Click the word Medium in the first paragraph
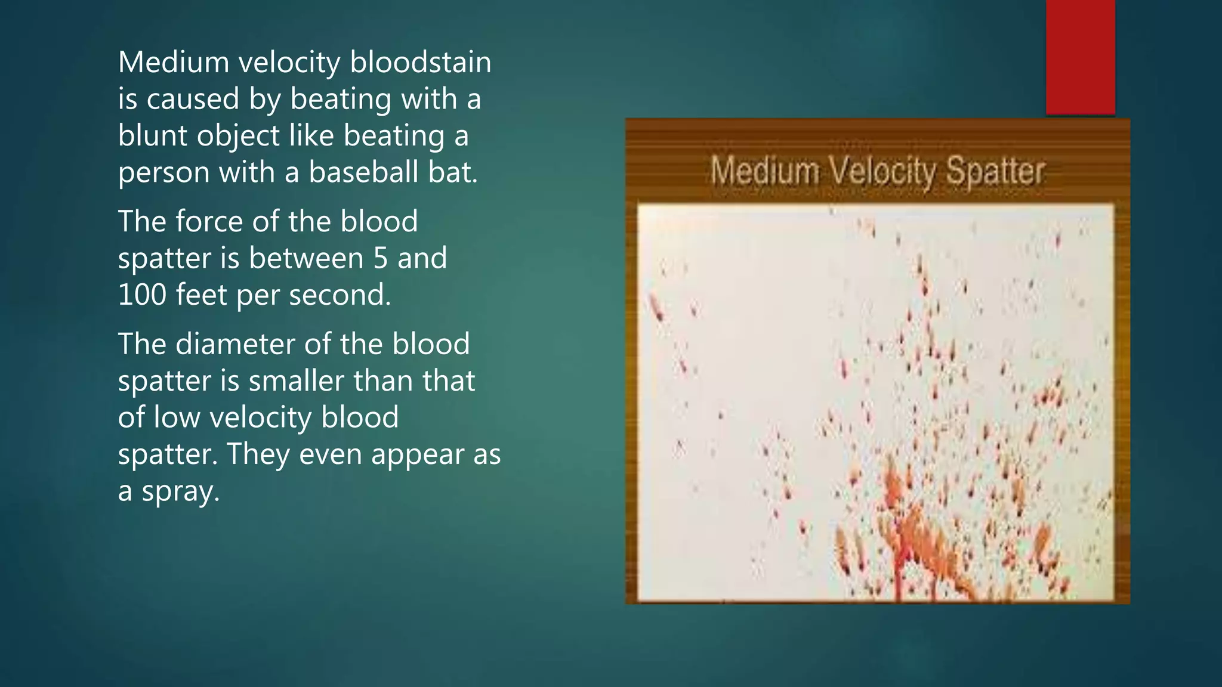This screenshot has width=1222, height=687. coord(174,62)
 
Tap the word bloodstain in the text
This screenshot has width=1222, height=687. coord(420,62)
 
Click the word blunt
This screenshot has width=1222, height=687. coord(153,135)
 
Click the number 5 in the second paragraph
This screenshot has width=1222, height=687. coord(381,258)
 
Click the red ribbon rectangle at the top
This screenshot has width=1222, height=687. coord(1080,57)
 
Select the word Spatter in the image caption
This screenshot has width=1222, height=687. coord(995,172)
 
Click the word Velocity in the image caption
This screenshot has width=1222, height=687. coord(883,172)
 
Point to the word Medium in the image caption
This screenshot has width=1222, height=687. coord(765,172)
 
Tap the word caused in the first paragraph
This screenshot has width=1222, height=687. coord(193,99)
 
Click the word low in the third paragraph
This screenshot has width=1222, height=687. coord(173,417)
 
